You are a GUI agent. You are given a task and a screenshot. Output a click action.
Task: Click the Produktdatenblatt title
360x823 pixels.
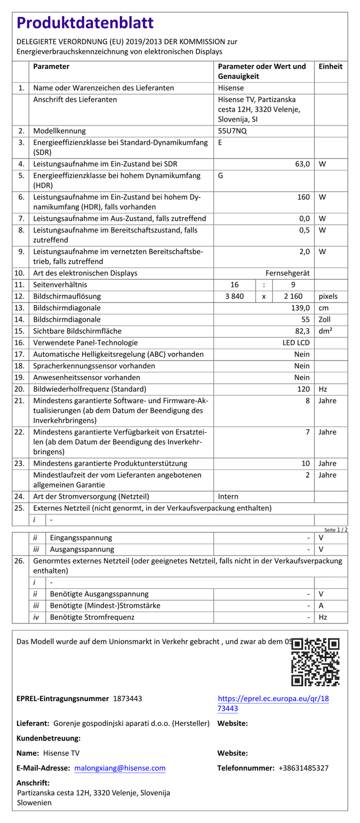click(85, 23)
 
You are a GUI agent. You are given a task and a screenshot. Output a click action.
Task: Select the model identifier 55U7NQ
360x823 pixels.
click(232, 131)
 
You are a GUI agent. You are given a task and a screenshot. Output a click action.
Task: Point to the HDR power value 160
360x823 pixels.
click(303, 197)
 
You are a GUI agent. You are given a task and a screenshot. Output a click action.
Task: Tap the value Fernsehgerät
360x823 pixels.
click(287, 273)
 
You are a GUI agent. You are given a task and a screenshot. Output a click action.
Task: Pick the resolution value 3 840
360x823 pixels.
click(235, 296)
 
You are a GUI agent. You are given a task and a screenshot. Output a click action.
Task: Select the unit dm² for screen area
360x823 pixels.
click(325, 331)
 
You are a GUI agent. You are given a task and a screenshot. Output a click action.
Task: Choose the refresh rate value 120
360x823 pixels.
click(303, 389)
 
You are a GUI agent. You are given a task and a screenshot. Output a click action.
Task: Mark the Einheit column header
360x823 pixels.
click(330, 66)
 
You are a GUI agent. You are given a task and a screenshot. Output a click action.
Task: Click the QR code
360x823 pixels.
click(315, 662)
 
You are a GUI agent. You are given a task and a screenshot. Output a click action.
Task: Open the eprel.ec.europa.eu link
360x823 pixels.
click(273, 703)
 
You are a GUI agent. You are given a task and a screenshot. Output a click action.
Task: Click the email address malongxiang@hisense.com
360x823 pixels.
click(120, 768)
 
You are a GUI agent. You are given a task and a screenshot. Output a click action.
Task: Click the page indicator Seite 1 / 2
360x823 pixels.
click(336, 530)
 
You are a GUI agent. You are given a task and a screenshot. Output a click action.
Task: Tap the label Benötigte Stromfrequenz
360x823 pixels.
click(92, 617)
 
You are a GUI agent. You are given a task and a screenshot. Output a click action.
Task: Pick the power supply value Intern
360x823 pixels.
click(228, 497)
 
